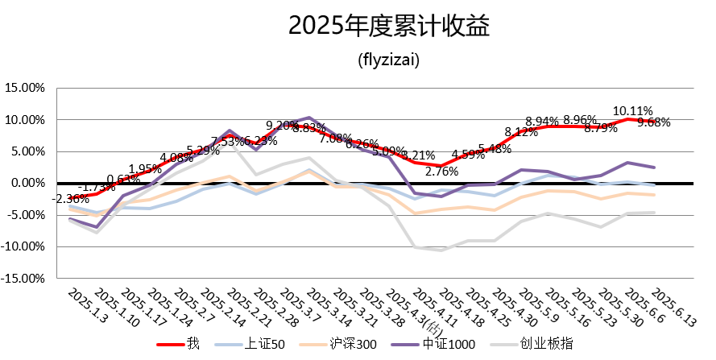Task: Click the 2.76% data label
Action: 441,171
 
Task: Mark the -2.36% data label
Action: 72,198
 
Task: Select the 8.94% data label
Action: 541,122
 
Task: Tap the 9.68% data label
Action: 653,122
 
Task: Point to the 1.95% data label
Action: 145,169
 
